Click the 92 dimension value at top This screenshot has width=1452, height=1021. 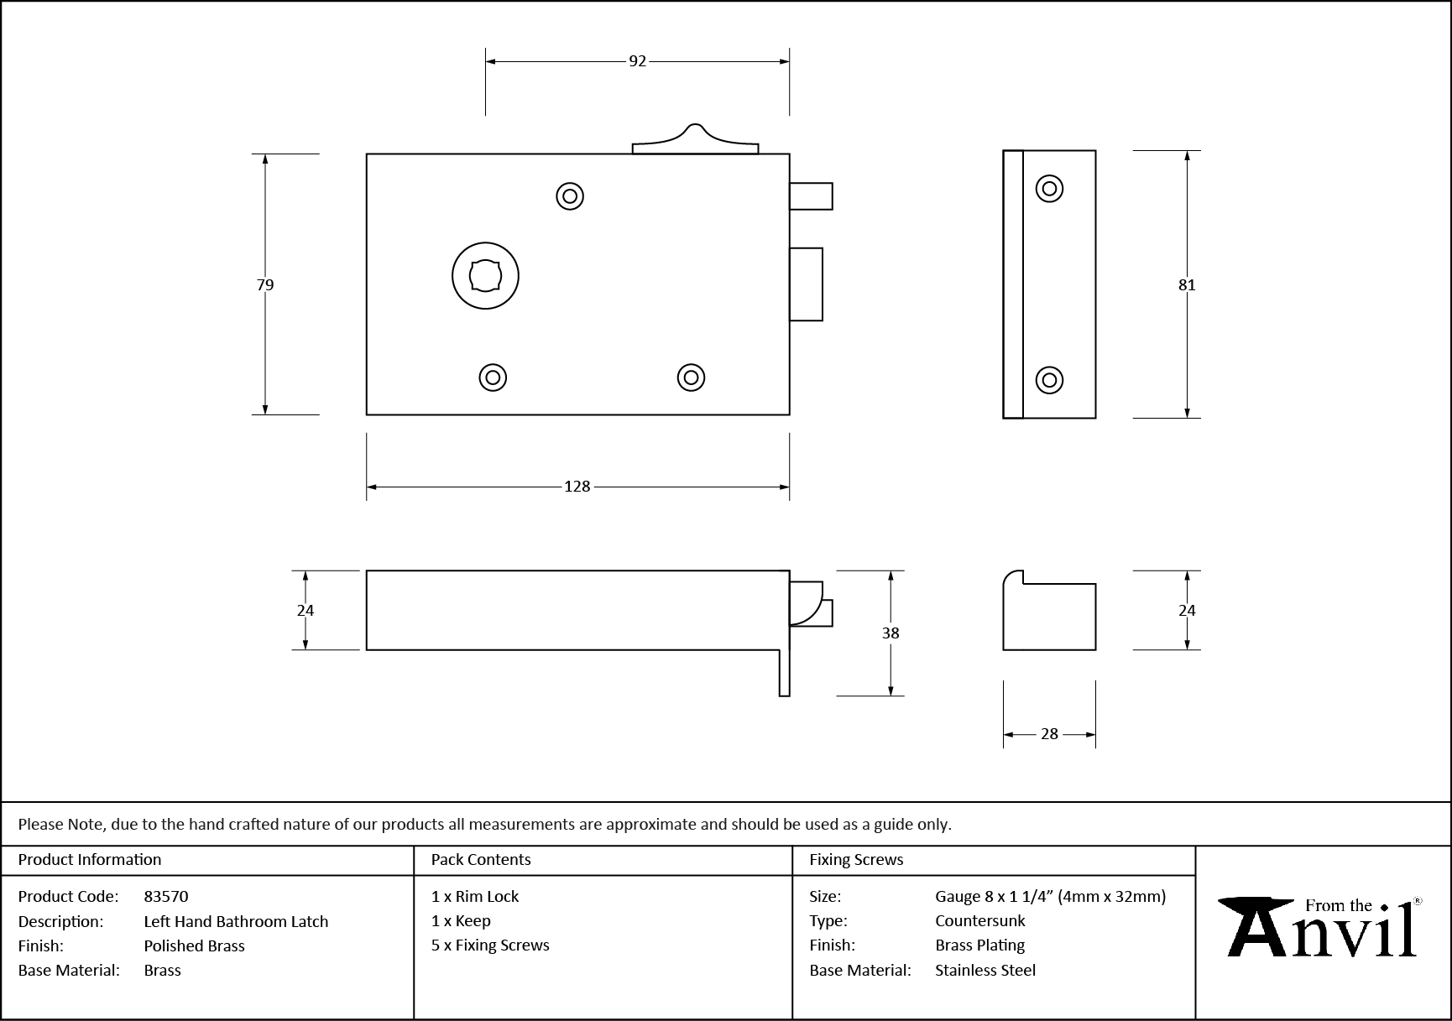(x=638, y=61)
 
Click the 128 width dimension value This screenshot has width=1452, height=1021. (x=577, y=487)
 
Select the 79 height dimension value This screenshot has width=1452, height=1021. (x=265, y=285)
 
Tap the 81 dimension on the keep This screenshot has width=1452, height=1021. (x=1186, y=285)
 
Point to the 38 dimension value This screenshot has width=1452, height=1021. (x=891, y=633)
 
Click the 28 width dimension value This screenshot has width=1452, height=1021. (x=1049, y=734)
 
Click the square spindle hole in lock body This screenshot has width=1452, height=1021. (x=485, y=276)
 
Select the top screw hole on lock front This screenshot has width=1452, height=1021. (x=570, y=196)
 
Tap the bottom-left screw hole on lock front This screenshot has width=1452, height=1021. (x=493, y=378)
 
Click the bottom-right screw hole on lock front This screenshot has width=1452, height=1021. (x=691, y=378)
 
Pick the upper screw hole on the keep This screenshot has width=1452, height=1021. (x=1049, y=188)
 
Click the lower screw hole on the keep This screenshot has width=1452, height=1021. (x=1049, y=380)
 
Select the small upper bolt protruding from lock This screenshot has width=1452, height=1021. (x=811, y=196)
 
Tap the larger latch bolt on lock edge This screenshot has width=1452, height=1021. (x=806, y=284)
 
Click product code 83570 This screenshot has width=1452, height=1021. (x=166, y=897)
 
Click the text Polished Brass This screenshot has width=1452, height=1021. (x=194, y=946)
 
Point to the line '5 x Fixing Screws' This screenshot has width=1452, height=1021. (x=490, y=945)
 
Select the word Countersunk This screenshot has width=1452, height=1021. (x=979, y=921)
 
